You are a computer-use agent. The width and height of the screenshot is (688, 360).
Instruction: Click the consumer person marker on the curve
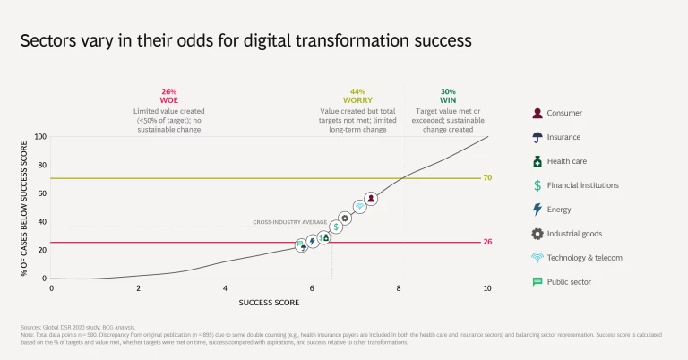pos(371,199)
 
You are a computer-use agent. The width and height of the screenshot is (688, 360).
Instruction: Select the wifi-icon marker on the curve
pos(359,207)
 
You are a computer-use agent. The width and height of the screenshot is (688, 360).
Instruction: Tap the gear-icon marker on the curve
pos(346,218)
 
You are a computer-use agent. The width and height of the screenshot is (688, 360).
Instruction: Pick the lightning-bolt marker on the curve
pos(313,241)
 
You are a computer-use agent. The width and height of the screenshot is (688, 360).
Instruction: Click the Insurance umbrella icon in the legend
pos(537,137)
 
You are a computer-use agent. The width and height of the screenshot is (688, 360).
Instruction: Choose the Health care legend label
pos(567,161)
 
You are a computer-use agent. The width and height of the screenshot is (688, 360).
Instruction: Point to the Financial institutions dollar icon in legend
pos(537,185)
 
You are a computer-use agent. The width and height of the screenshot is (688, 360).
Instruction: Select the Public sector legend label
pos(569,281)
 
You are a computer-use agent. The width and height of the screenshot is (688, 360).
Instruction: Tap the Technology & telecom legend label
pos(584,257)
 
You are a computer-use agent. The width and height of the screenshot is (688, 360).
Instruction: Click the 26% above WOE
pos(169,91)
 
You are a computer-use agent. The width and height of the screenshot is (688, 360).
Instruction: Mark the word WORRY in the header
pos(357,101)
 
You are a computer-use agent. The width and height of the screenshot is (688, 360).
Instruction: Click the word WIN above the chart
pos(448,101)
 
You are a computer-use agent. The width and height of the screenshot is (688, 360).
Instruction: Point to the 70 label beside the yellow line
pos(487,178)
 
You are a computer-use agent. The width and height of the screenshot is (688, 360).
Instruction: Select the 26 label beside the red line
pos(487,243)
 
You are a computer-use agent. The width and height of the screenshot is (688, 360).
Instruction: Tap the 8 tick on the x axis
pos(400,288)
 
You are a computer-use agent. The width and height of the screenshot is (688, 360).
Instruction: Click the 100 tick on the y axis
pos(40,137)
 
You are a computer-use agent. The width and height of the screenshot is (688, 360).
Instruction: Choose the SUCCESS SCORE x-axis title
pos(269,303)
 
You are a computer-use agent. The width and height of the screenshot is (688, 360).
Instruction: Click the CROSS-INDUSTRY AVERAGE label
pos(288,222)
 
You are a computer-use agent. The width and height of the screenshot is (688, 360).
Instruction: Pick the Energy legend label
pos(559,210)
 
